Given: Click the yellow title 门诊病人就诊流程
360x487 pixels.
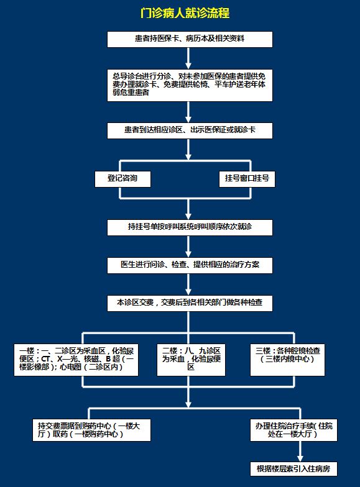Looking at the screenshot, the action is coord(185,14).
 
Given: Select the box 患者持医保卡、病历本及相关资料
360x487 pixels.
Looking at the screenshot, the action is coord(190,40).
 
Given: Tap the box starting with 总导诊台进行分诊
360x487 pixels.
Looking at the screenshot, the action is coord(190,85).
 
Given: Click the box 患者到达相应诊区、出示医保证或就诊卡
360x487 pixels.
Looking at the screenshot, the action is coord(190,130).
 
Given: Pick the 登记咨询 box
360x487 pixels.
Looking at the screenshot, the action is coord(122,179).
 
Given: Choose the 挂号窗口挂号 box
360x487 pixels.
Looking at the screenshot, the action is coord(247,179).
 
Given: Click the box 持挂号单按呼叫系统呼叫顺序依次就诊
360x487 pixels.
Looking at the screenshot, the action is coord(190,227).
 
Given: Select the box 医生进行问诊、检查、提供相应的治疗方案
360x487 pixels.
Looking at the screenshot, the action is coord(190,265).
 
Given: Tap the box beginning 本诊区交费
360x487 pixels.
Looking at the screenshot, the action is coord(190,303).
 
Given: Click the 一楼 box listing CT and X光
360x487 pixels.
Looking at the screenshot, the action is coord(76,360).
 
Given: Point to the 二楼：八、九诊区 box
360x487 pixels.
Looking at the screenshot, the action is coord(191,360).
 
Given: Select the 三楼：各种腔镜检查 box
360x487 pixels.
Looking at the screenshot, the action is coord(287,360).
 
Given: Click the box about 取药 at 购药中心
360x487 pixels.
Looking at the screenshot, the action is coord(91,430).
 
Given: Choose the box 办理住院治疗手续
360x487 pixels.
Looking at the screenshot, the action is coord(293,430).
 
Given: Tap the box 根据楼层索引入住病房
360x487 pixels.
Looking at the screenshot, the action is coord(293,469).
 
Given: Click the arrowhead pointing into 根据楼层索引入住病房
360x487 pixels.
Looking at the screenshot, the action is coord(300,458).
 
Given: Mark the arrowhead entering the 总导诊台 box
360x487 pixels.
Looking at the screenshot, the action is coord(188,66).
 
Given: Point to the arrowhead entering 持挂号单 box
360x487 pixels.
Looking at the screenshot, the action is coord(188,216).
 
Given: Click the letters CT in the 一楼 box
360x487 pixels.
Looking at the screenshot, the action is coord(45,359).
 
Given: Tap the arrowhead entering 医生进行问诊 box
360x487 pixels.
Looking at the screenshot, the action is coord(188,254).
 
